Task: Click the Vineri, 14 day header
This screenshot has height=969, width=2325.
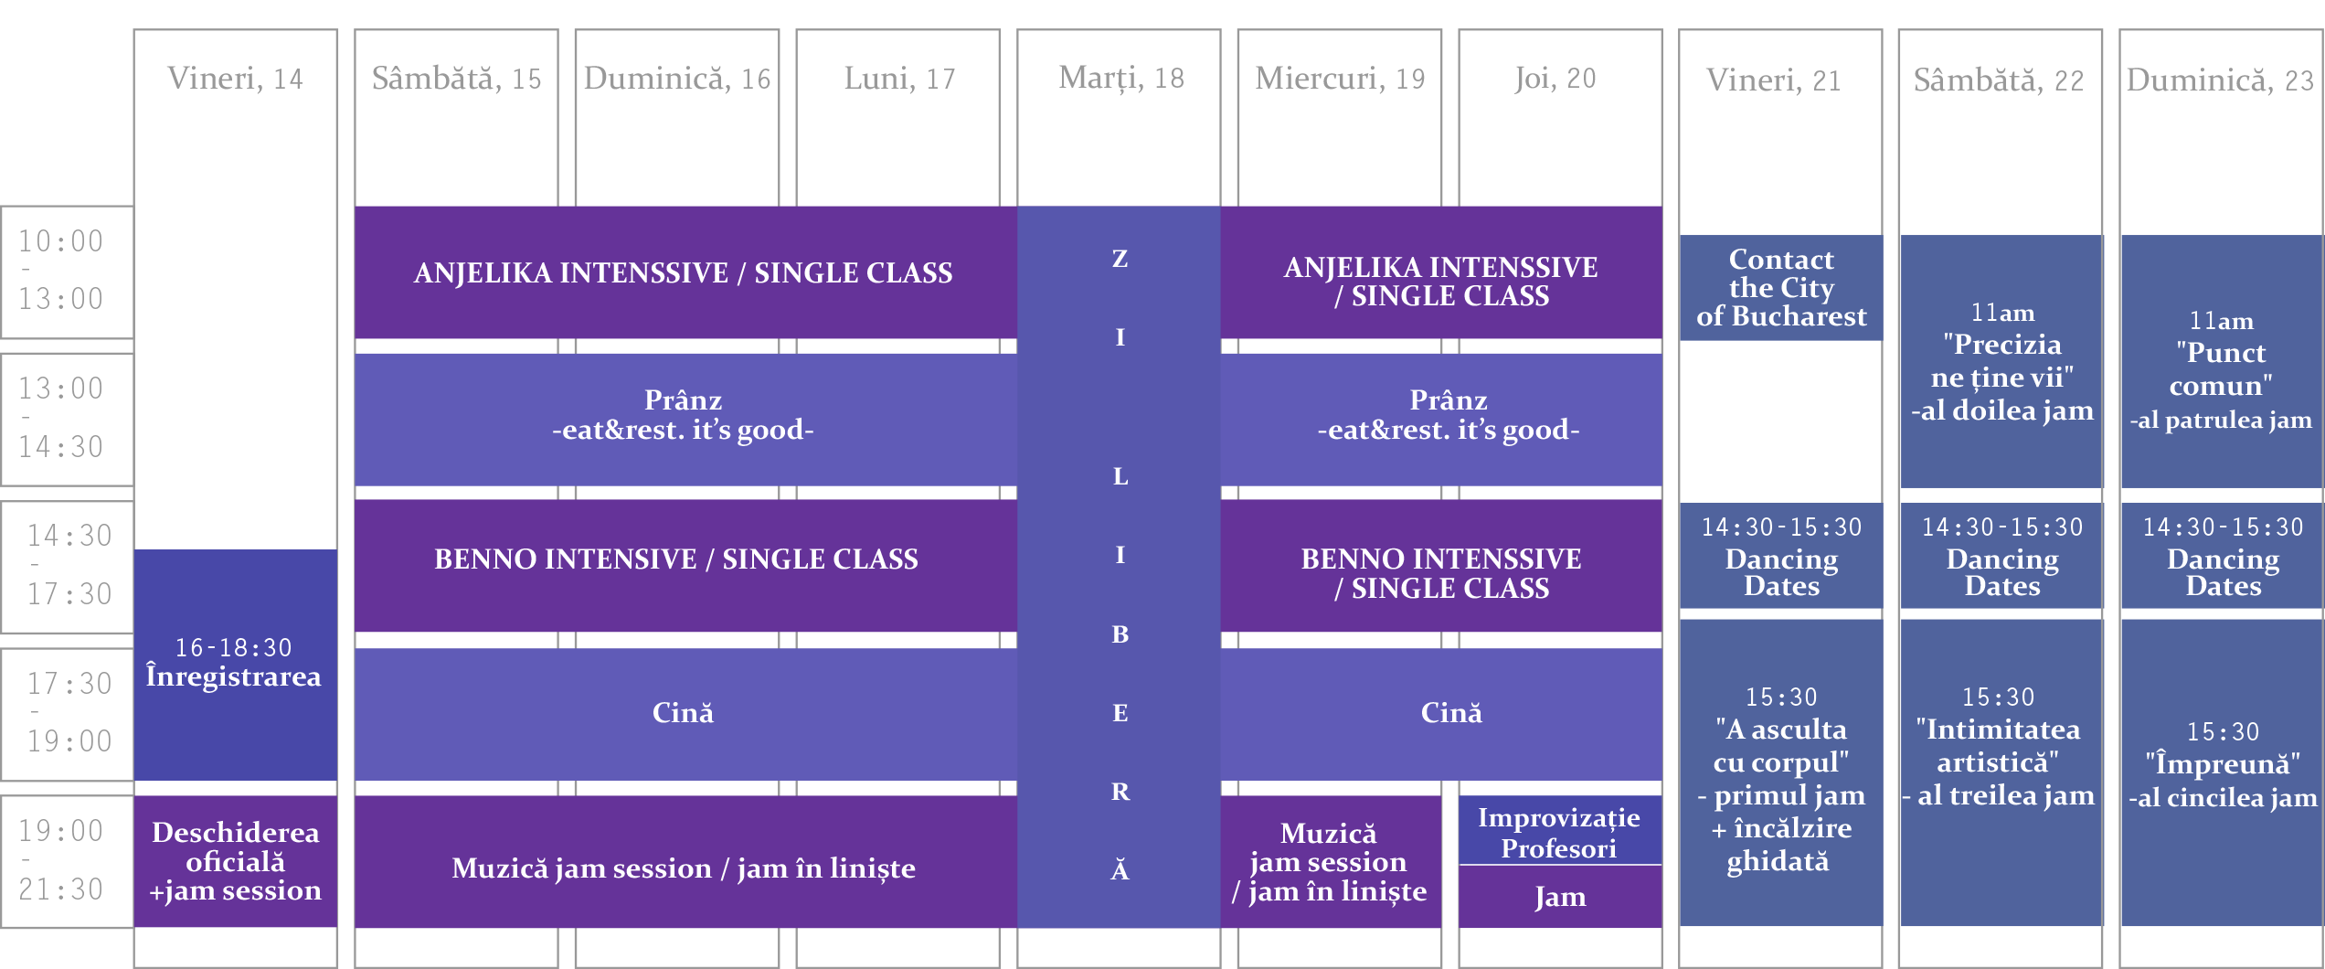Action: [x=235, y=79]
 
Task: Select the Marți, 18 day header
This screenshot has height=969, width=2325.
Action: [x=1120, y=79]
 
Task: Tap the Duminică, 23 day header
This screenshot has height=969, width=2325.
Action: [x=2220, y=80]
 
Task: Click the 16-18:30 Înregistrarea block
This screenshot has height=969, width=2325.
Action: [x=236, y=665]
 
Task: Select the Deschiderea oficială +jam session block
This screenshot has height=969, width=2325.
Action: [x=236, y=861]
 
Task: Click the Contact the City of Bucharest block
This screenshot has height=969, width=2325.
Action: [x=1781, y=288]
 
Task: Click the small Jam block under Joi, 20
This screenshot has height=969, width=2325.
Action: [x=1560, y=897]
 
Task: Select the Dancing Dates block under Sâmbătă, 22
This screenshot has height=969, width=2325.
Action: [x=2001, y=556]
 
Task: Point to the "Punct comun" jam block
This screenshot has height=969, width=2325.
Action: [x=2222, y=361]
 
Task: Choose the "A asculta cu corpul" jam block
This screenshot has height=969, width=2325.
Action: [x=1781, y=772]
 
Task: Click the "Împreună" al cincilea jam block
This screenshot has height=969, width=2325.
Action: [x=2222, y=772]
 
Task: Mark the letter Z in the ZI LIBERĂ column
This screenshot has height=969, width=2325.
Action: [x=1120, y=259]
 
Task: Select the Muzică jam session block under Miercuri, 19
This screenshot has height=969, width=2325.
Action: [x=1331, y=862]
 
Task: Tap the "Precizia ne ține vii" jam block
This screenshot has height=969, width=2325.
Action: [x=2001, y=361]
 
